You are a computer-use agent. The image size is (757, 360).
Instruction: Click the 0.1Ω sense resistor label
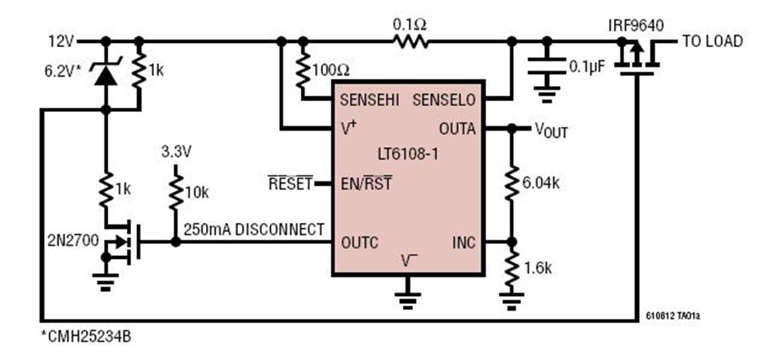point(410,24)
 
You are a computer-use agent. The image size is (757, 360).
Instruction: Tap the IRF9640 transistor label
point(636,25)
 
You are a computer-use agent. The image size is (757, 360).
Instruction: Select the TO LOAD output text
point(712,41)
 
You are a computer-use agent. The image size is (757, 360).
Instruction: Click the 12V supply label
point(61,42)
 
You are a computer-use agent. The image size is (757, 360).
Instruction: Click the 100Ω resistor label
point(331,71)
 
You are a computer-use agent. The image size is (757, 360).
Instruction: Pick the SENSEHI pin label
point(369,100)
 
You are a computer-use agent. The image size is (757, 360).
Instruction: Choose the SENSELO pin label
point(443,100)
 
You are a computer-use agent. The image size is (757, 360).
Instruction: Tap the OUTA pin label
point(458,129)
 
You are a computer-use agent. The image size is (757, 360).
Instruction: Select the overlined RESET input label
point(291,183)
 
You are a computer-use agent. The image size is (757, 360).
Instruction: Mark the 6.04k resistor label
point(541,183)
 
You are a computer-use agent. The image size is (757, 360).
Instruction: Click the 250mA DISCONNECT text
point(254,230)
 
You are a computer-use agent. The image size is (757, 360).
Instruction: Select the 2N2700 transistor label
point(67,240)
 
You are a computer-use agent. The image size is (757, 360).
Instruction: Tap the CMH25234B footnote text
point(86,336)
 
